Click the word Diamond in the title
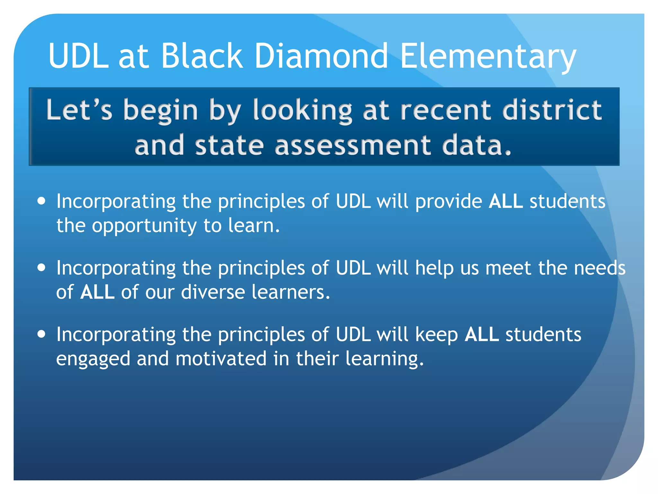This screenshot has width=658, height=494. pyautogui.click(x=321, y=56)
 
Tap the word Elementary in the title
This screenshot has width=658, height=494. pyautogui.click(x=488, y=56)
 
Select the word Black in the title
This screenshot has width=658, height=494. pyautogui.click(x=202, y=56)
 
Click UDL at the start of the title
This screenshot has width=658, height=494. pyautogui.click(x=79, y=56)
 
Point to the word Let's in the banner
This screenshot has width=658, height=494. pyautogui.click(x=79, y=110)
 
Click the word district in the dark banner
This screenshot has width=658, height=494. pyautogui.click(x=552, y=110)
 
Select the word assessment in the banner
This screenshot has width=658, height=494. pyautogui.click(x=353, y=145)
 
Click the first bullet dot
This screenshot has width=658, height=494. pyautogui.click(x=41, y=201)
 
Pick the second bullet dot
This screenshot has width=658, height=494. pyautogui.click(x=41, y=268)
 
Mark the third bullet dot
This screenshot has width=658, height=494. pyautogui.click(x=41, y=334)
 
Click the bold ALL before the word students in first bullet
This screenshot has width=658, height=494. pyautogui.click(x=506, y=202)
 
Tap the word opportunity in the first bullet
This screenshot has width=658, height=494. pyautogui.click(x=144, y=226)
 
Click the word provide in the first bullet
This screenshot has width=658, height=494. pyautogui.click(x=449, y=202)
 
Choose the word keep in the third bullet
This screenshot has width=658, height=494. pyautogui.click(x=436, y=335)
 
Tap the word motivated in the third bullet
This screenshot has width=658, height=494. pyautogui.click(x=221, y=359)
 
